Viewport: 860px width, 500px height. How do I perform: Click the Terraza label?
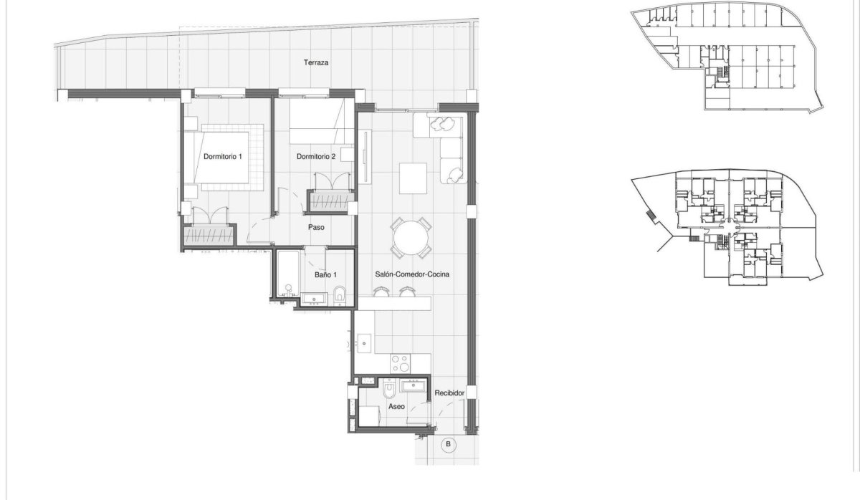pos(315,63)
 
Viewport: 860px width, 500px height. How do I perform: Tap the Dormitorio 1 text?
pos(223,156)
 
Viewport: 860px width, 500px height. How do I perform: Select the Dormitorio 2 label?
pos(316,156)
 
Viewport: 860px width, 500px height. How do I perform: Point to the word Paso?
pos(316,228)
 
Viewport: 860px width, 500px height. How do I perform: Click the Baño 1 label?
pos(325,274)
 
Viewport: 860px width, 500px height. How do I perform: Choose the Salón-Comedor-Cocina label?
pos(412,274)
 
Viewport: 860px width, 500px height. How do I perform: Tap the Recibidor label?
pos(450,393)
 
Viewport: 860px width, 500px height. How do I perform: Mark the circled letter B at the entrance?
pos(449,443)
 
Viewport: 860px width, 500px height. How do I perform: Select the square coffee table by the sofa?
pos(414,178)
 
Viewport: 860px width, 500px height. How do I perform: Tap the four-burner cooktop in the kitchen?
pos(398,362)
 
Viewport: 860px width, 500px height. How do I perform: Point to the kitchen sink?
pos(365,344)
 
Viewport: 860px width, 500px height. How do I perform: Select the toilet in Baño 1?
pos(341,294)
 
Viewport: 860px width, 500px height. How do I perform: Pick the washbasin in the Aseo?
pos(414,388)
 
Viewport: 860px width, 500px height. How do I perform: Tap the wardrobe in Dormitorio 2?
pos(330,201)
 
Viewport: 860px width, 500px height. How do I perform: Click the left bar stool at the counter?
pos(380,291)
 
